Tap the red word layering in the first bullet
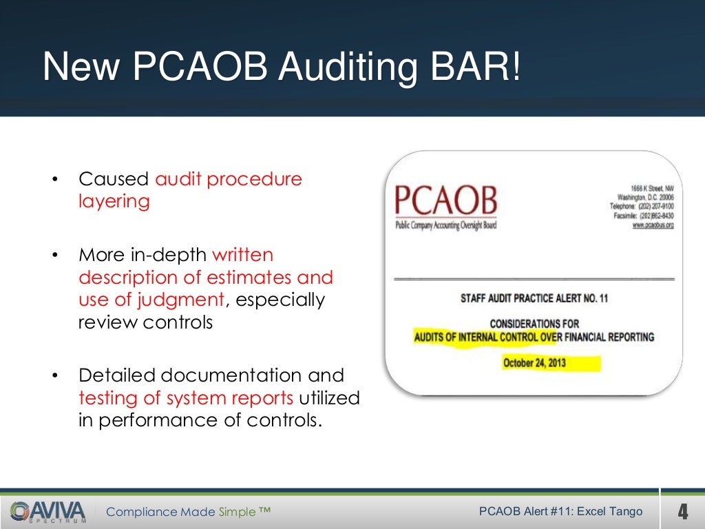(114, 202)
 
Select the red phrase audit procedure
(229, 179)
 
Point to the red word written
(242, 255)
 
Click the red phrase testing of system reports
(186, 398)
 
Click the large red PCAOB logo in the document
(445, 200)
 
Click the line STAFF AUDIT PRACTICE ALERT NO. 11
(534, 299)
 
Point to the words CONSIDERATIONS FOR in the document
(534, 324)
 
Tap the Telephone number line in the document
(641, 206)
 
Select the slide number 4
(682, 512)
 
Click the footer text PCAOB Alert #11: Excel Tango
(560, 511)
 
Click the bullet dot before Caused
(54, 180)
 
